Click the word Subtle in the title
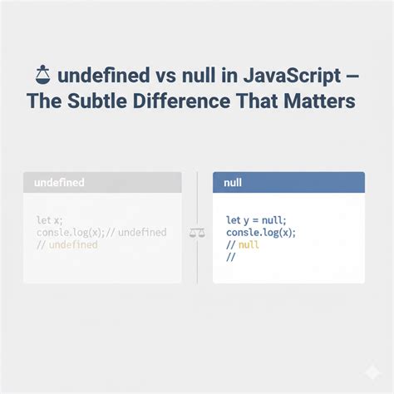pos(105,101)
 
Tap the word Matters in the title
pos(319,101)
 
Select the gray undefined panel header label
pos(59,181)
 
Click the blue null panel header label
pos(234,181)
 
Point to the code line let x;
pos(49,219)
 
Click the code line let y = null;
pos(256,220)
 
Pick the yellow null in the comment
pos(249,245)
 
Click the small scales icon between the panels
pos(197,233)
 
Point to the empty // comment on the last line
pos(231,258)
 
